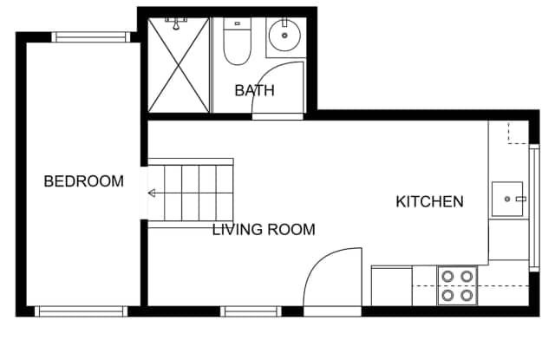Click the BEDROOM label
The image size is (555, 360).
[x=83, y=181]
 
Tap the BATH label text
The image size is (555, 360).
[x=254, y=90]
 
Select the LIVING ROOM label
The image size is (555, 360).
[x=264, y=230]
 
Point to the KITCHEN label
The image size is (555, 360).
[x=429, y=202]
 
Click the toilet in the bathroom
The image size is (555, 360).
[x=237, y=42]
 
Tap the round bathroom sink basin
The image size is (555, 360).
[x=284, y=36]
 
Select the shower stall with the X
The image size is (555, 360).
[x=179, y=65]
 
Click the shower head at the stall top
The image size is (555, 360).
[x=176, y=23]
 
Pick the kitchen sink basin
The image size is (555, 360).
[x=507, y=199]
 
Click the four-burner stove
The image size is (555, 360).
[x=457, y=285]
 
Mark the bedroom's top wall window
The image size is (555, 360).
[x=91, y=37]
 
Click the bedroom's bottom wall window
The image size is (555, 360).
[x=81, y=311]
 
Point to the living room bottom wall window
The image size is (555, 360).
[x=251, y=311]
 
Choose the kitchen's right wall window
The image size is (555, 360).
[x=534, y=208]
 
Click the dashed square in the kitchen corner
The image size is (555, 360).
[x=519, y=133]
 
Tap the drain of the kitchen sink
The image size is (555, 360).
[x=507, y=200]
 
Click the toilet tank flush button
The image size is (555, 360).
[x=237, y=23]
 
